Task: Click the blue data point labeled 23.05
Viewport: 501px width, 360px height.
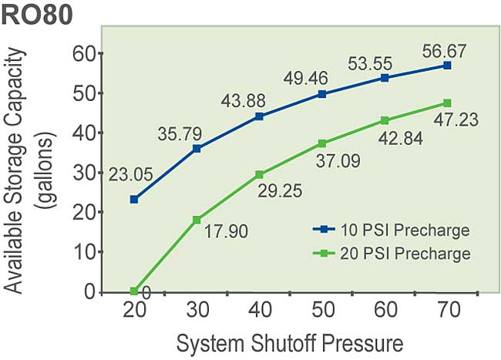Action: coord(134,199)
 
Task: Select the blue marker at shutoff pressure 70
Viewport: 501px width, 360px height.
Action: coord(447,66)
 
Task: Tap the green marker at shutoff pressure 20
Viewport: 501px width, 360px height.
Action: coord(134,291)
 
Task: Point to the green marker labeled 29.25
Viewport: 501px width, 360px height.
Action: coord(259,175)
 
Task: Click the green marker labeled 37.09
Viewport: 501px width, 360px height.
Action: coord(321,143)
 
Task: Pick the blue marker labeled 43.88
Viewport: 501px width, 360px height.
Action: coord(259,116)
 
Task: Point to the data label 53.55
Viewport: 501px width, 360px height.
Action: coord(405,62)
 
